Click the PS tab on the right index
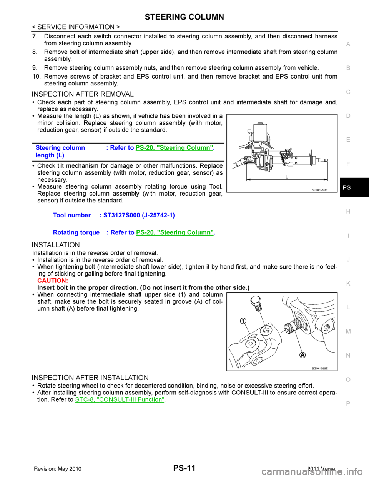[347, 187]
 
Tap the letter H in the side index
[348, 212]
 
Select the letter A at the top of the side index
[348, 44]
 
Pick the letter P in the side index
[348, 403]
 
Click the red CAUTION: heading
[53, 281]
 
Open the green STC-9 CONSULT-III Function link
[120, 400]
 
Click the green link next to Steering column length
[174, 148]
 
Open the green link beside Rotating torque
[175, 232]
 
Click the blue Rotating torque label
[76, 232]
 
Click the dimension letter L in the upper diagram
[286, 176]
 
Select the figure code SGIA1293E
[319, 189]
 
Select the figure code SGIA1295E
[319, 368]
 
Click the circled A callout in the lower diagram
[303, 354]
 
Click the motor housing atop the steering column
[262, 133]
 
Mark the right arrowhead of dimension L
[326, 179]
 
